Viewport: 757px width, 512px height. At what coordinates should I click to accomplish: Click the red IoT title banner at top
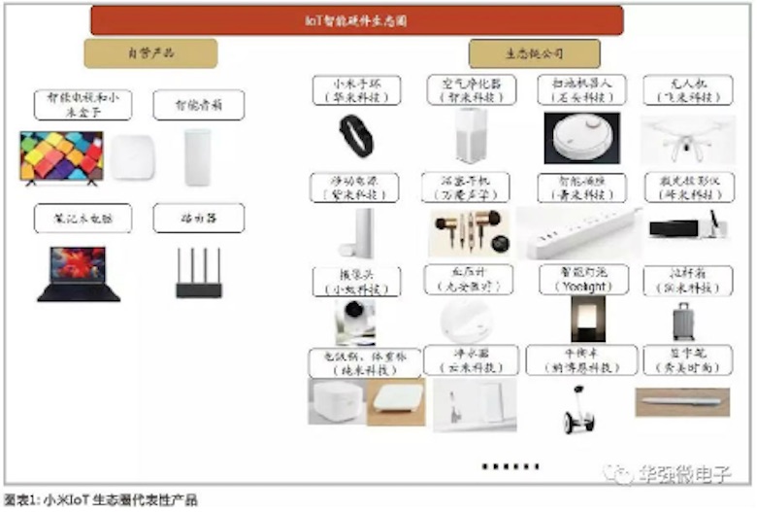click(356, 19)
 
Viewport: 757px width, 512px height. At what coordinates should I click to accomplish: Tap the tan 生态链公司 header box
click(534, 53)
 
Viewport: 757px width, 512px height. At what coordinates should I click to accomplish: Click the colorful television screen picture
click(60, 156)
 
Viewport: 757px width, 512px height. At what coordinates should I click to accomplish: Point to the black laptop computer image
click(78, 273)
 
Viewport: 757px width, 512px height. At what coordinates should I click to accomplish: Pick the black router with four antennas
click(198, 274)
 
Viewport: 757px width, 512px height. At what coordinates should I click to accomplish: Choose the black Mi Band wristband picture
click(355, 136)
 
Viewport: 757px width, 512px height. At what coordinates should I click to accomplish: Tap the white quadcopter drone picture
click(687, 136)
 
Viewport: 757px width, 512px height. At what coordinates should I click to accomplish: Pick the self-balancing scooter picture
click(577, 408)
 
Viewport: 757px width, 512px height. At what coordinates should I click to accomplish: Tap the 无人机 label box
click(687, 89)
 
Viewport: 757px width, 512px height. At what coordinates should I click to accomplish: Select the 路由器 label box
click(198, 219)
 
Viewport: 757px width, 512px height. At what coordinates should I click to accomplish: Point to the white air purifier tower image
click(470, 136)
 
